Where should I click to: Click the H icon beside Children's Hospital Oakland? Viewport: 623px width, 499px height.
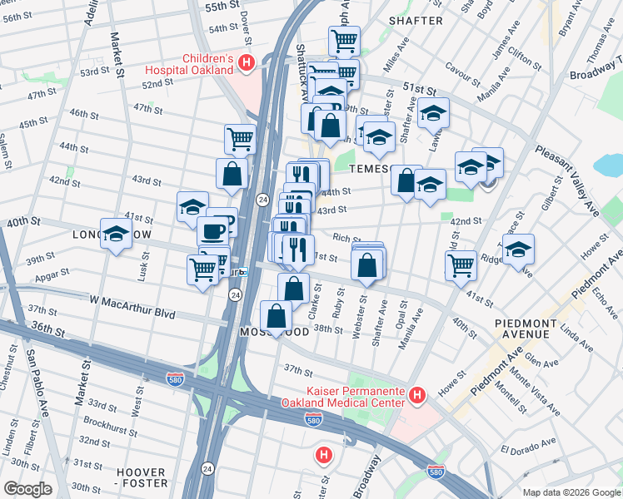tap(246, 62)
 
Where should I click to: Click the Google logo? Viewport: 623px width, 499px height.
tap(27, 489)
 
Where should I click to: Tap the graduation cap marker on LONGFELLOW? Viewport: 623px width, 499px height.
tap(116, 234)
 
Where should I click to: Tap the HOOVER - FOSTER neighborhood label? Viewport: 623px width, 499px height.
tap(141, 477)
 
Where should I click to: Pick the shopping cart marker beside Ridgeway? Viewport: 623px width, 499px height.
tap(461, 266)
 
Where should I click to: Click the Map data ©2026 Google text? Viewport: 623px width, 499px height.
tap(571, 492)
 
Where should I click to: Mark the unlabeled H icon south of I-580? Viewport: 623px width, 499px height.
tap(323, 455)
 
